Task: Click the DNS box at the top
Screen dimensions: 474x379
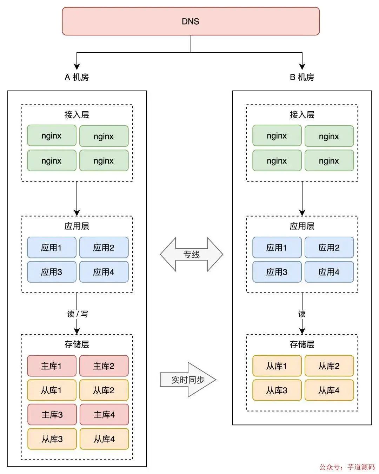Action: (x=191, y=21)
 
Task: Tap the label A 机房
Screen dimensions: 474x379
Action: (x=77, y=77)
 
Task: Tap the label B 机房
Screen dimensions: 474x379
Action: (x=302, y=77)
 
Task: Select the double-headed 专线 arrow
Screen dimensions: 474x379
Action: (x=191, y=255)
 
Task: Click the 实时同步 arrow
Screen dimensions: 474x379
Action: (x=188, y=380)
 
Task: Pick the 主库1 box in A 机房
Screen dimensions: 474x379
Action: (x=52, y=366)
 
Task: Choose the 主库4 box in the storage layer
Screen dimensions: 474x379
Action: (x=104, y=415)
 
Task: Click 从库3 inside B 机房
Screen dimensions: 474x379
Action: (x=277, y=390)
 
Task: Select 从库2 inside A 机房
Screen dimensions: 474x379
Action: (x=104, y=390)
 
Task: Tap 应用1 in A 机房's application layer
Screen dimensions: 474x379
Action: (x=52, y=248)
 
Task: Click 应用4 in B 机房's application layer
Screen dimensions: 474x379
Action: (x=329, y=272)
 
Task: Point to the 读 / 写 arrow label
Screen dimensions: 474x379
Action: (x=77, y=314)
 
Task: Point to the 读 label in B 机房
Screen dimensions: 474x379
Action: (x=302, y=314)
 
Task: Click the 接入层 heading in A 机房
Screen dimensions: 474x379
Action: (x=77, y=115)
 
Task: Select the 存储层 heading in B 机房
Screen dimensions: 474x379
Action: (x=302, y=344)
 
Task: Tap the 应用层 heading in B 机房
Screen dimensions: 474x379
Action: (x=302, y=226)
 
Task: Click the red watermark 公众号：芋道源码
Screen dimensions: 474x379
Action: (x=347, y=467)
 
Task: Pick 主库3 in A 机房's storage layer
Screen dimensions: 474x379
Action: (x=52, y=415)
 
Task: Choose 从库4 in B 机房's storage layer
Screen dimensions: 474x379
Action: (x=329, y=390)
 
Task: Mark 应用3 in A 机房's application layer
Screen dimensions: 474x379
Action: (x=52, y=272)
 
